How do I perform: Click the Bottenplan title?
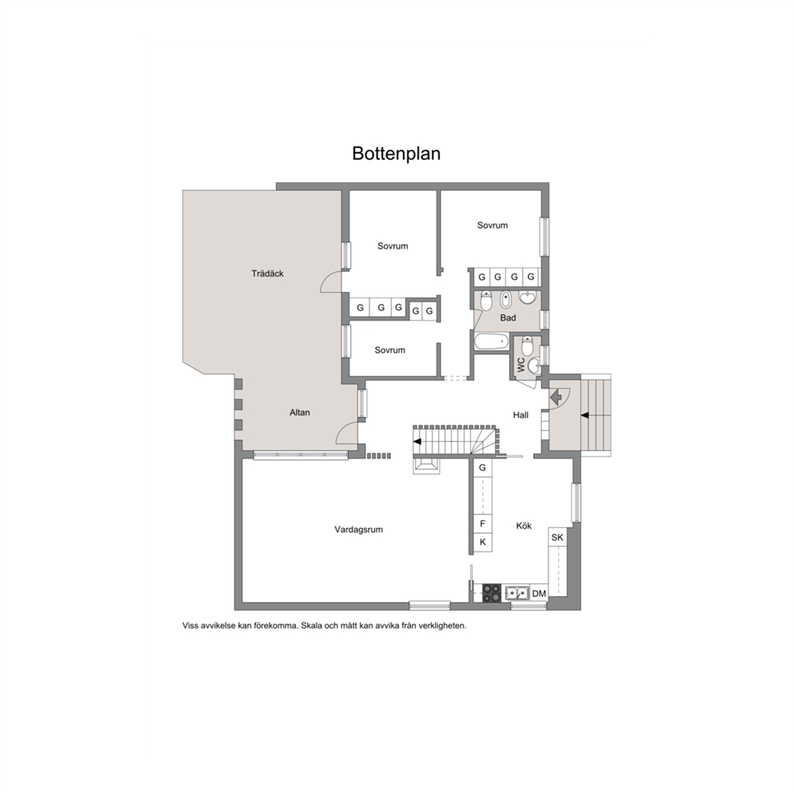point(396,153)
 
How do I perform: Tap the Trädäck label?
point(268,273)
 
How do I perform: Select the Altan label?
point(300,412)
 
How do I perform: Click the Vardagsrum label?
point(359,530)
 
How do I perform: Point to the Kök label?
point(524,526)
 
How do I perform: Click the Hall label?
point(520,415)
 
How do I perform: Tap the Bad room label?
point(508,318)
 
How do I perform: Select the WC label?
point(521,365)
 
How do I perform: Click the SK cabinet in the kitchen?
point(557,537)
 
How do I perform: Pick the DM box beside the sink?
point(539,594)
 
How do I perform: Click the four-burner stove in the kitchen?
point(491,593)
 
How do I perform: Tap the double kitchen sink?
point(517,592)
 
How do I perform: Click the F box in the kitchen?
point(483,524)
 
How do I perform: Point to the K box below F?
point(483,542)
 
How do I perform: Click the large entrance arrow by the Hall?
point(556,396)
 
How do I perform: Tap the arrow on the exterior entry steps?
point(584,415)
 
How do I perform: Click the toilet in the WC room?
point(527,347)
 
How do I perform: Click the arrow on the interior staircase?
point(417,441)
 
